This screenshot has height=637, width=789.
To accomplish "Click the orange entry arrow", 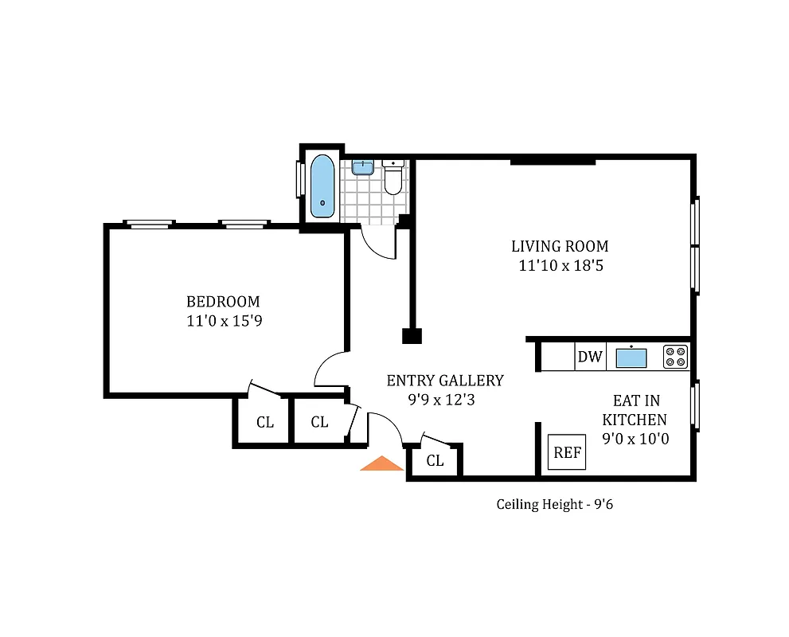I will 382,463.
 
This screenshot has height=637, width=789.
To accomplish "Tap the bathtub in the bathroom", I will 322,185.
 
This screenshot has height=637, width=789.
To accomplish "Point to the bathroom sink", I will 363,166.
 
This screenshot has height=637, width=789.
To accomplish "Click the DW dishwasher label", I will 590,357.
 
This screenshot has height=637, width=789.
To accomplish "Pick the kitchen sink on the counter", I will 631,358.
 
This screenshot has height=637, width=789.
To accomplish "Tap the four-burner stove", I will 675,356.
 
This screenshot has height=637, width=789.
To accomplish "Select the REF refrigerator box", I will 568,453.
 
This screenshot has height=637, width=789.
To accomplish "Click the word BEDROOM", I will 223,302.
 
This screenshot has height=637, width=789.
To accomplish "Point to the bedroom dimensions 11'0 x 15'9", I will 223,321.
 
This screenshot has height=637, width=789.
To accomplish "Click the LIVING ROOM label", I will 560,246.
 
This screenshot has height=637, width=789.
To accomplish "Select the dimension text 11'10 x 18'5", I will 560,266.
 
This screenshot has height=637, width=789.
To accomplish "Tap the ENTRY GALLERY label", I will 445,381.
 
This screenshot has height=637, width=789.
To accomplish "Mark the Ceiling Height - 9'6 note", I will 554,504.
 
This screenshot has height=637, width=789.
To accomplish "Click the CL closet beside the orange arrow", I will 435,461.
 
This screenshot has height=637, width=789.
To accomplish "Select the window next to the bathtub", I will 300,179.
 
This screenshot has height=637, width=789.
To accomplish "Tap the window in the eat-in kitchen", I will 695,407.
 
